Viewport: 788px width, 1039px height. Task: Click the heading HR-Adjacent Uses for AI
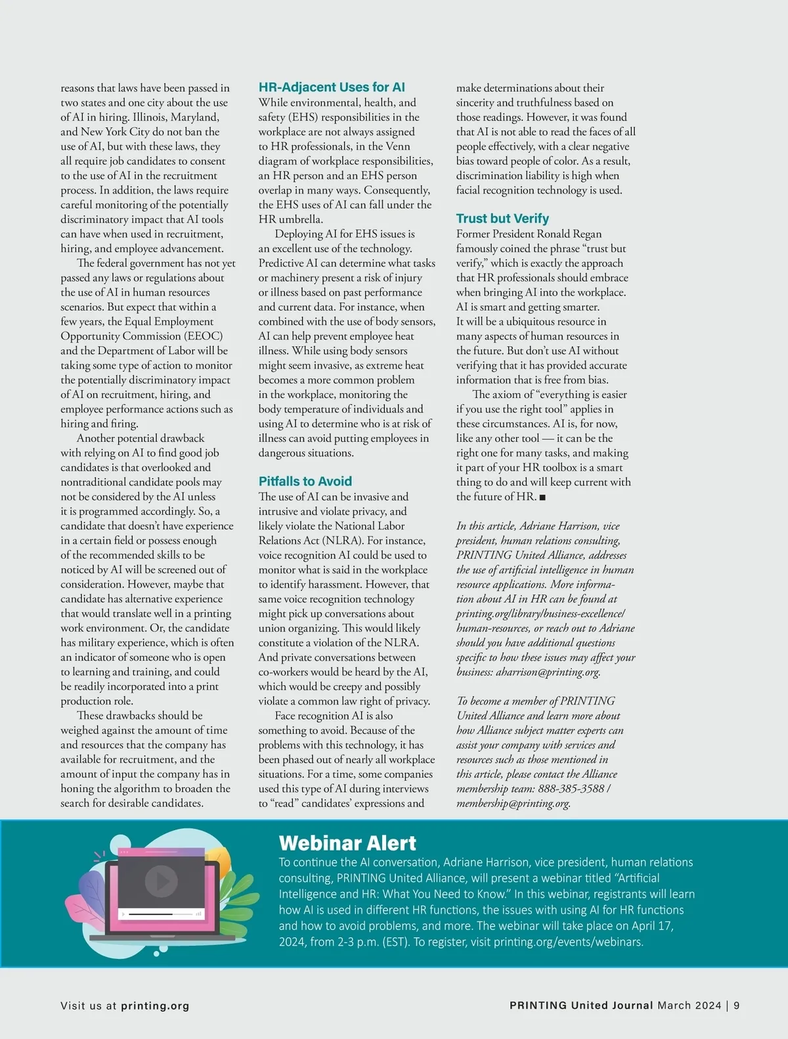(x=332, y=87)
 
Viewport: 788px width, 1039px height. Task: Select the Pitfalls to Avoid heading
(x=305, y=481)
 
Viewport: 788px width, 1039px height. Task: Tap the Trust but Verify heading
(x=502, y=219)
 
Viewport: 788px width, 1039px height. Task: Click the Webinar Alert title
(x=347, y=843)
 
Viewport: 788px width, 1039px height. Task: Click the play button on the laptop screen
(x=161, y=881)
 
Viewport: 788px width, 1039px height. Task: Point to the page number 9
(x=737, y=1006)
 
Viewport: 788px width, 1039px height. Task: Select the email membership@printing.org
(x=513, y=803)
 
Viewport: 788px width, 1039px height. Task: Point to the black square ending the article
(x=542, y=497)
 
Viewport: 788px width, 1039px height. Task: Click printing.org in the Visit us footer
(x=155, y=1006)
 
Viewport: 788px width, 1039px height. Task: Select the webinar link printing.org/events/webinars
(x=568, y=942)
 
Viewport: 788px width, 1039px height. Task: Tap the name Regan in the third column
(x=586, y=234)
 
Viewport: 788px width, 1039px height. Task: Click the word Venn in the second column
(x=398, y=146)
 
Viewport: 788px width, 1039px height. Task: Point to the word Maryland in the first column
(x=195, y=117)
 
